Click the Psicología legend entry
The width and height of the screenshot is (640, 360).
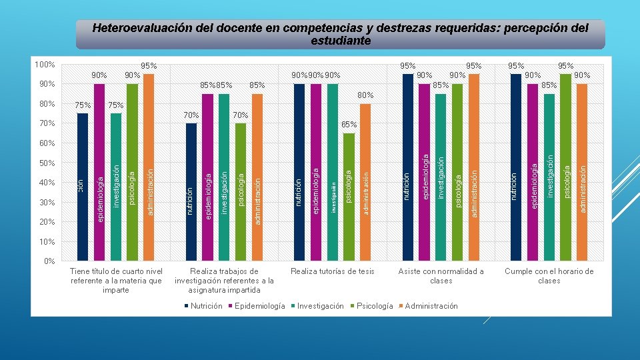374,306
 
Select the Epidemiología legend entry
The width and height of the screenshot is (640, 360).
258,306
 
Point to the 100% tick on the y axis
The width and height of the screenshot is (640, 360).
45,65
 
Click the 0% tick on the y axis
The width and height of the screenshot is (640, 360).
49,261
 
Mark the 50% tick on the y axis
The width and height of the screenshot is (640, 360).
46,163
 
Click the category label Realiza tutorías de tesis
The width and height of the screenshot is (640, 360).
333,271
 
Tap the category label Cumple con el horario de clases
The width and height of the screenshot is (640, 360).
549,276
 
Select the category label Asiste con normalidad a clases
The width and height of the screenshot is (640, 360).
441,276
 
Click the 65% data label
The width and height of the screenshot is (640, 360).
349,125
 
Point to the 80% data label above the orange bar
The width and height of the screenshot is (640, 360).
365,95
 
